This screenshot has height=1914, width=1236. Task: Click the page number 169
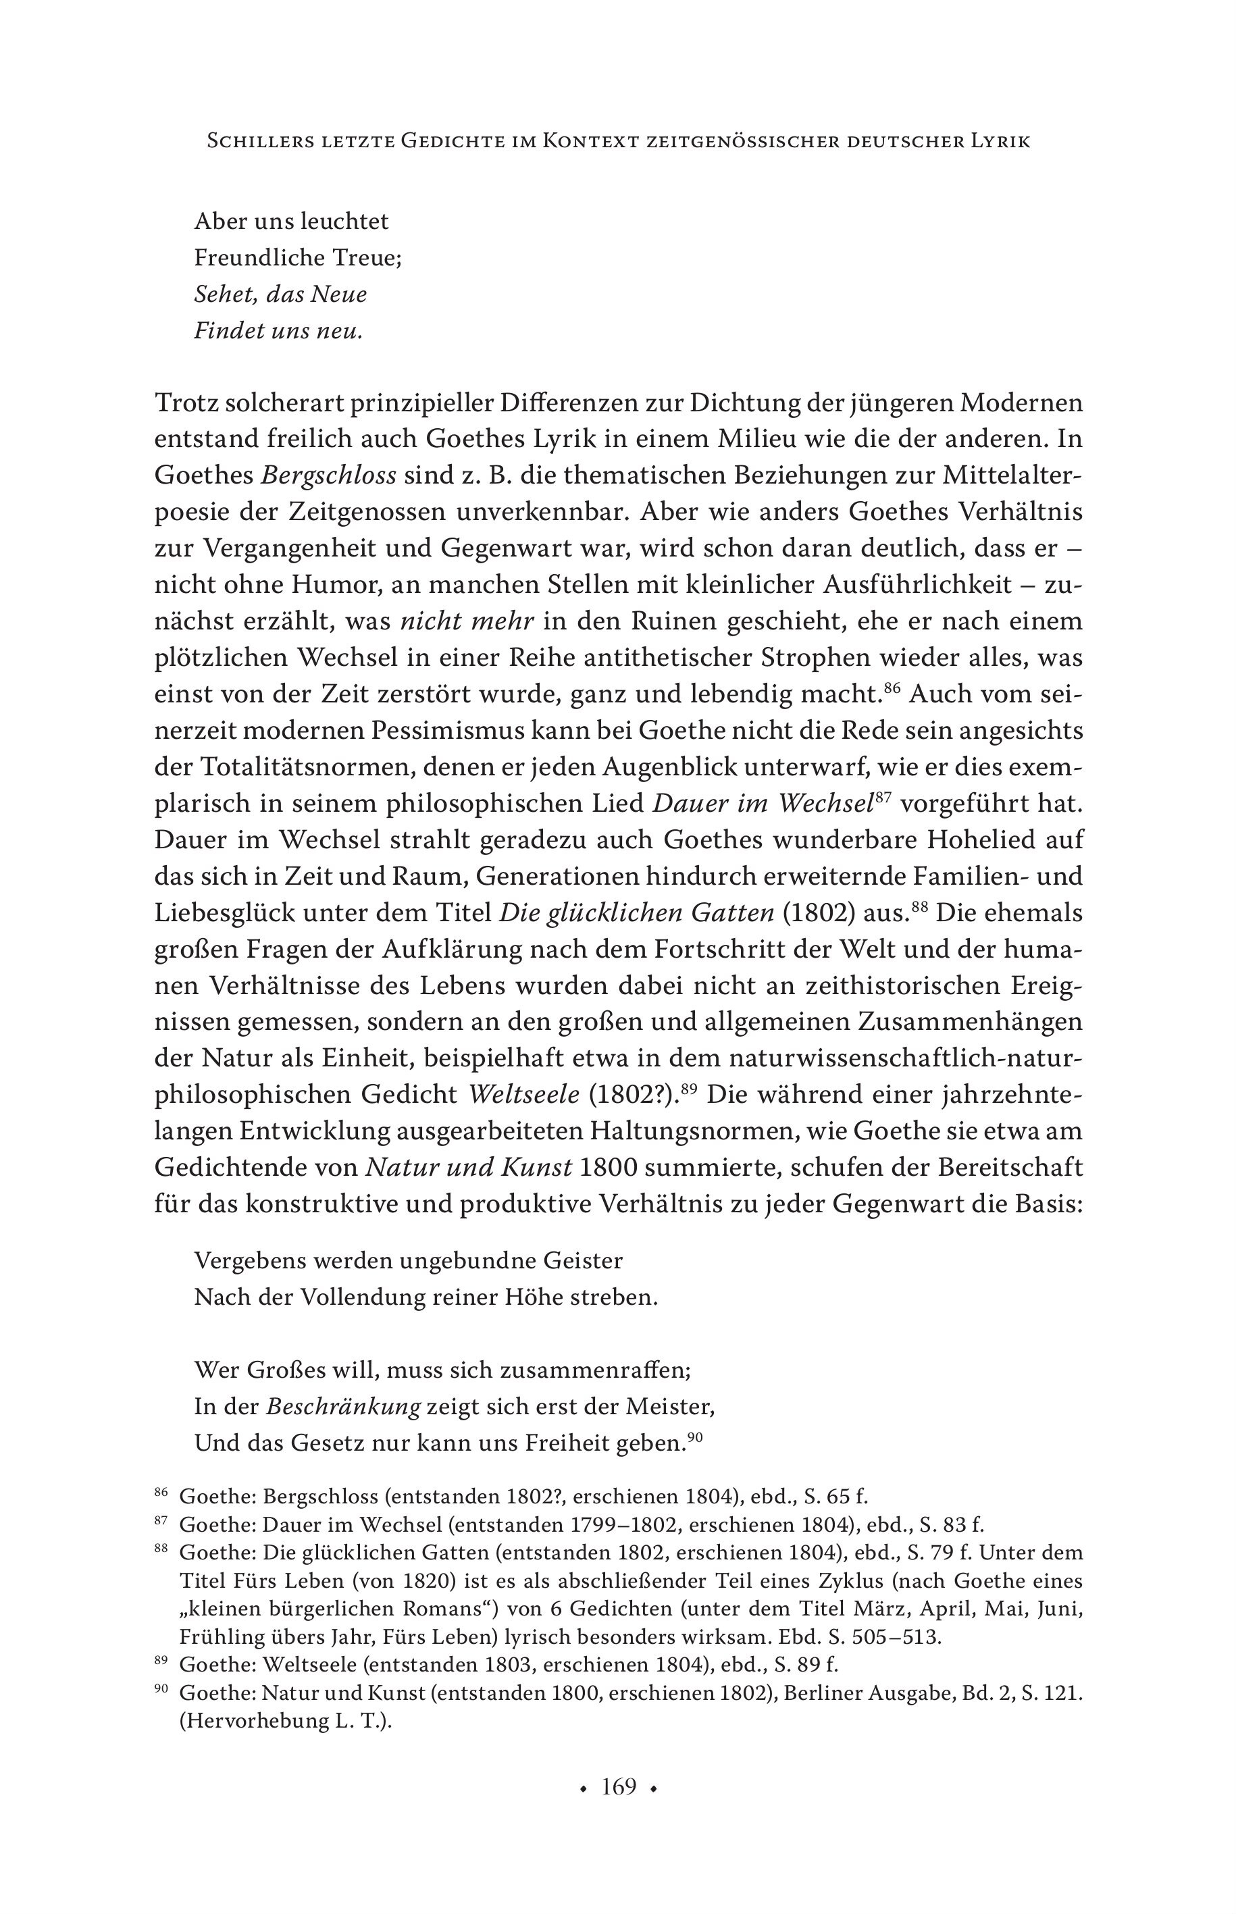(x=619, y=1787)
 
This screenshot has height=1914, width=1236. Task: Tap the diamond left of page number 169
(x=584, y=1789)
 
